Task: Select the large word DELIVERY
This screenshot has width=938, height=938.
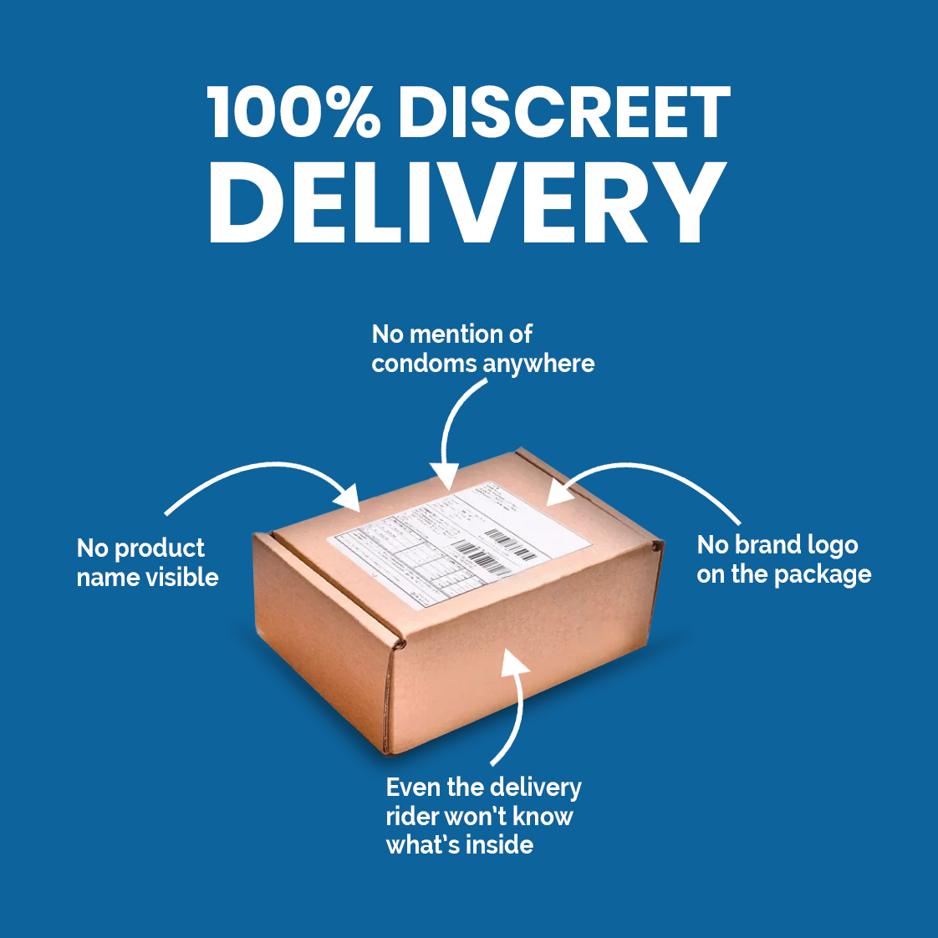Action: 467,201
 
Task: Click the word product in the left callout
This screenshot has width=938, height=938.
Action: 159,549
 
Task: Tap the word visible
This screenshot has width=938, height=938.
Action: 181,578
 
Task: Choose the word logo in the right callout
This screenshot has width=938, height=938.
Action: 827,546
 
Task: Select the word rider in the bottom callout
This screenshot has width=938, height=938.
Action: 411,817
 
